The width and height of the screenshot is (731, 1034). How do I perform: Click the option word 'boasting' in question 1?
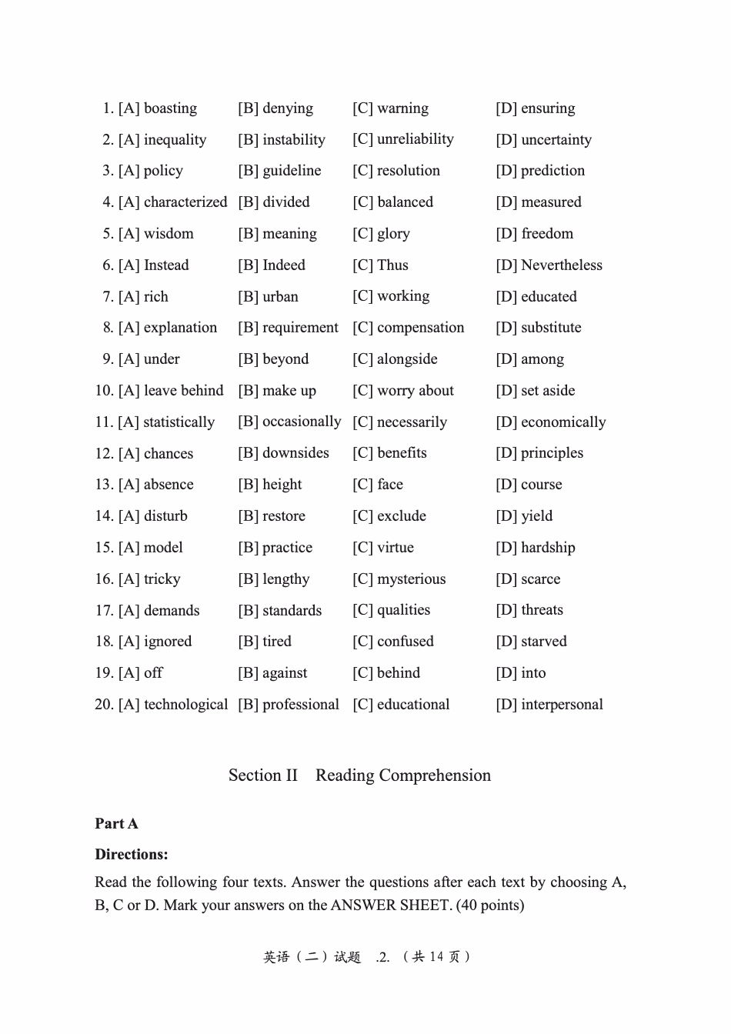click(170, 108)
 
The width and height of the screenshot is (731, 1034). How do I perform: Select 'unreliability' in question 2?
click(416, 139)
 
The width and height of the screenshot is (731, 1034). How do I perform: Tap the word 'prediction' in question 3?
click(552, 171)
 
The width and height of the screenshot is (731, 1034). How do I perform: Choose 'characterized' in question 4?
click(185, 202)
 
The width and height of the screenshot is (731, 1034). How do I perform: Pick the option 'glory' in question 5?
click(393, 234)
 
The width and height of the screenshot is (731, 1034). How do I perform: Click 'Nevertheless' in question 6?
click(562, 265)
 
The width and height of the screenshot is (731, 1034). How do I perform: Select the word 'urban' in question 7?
click(280, 297)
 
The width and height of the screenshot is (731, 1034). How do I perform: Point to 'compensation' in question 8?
click(421, 328)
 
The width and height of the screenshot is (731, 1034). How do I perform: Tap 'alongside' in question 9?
click(407, 359)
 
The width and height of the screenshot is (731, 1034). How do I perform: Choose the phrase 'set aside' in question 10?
click(548, 391)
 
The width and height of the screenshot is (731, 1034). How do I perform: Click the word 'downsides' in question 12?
click(295, 453)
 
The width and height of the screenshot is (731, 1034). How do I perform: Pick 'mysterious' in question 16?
click(412, 579)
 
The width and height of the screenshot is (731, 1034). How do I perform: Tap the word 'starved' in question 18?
click(543, 642)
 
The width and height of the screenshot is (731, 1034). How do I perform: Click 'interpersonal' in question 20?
click(562, 705)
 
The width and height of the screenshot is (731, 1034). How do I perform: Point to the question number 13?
click(104, 485)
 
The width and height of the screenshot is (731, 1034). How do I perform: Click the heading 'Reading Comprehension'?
click(402, 775)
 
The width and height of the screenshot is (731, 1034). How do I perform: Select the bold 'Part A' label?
click(116, 824)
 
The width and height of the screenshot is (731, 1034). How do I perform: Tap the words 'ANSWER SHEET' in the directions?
click(390, 906)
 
